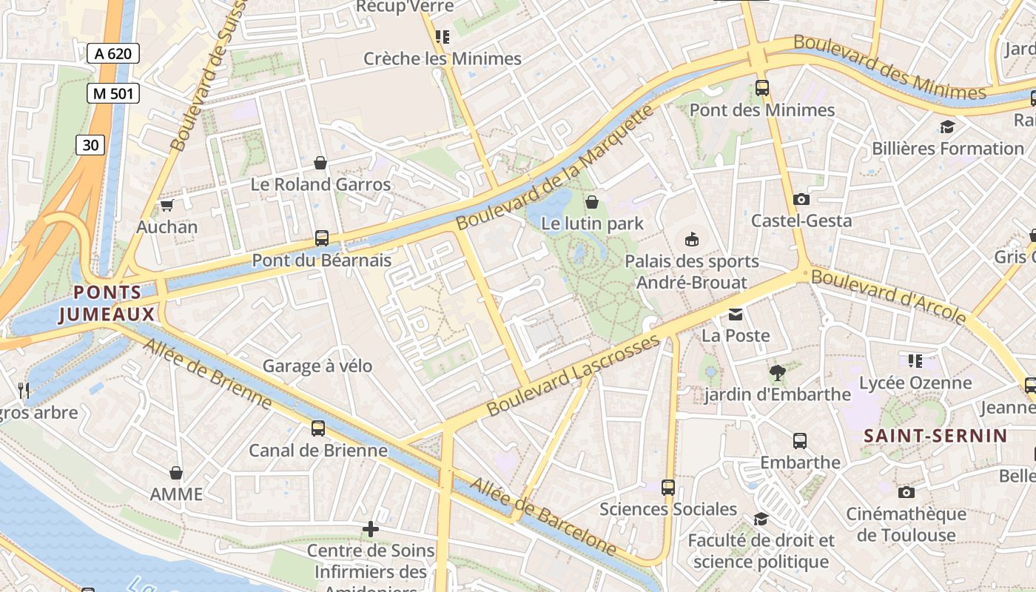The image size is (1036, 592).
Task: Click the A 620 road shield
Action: (112, 53)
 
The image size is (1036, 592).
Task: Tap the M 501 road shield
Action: (112, 93)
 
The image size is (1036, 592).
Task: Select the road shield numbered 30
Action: (90, 145)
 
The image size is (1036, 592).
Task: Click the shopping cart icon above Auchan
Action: (166, 206)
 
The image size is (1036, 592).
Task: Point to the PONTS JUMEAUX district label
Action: (107, 303)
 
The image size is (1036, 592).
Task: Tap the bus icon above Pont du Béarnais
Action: (321, 238)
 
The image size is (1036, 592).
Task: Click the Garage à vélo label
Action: (317, 366)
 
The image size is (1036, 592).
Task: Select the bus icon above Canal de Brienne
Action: (317, 428)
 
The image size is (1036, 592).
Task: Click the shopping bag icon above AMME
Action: (176, 472)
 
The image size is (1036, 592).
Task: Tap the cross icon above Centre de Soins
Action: (371, 529)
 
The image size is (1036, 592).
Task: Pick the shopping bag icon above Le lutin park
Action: (592, 201)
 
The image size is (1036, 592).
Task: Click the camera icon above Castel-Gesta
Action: (801, 199)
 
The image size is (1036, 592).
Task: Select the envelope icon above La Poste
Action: (735, 314)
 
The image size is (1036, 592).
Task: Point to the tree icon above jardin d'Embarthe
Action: (777, 372)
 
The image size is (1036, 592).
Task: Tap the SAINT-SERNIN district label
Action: (936, 436)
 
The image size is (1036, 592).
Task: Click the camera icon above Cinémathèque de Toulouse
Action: (906, 492)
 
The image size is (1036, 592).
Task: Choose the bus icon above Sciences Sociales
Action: (667, 487)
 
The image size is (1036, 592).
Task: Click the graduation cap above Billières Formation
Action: (947, 127)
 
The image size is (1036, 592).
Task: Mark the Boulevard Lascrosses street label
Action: (573, 375)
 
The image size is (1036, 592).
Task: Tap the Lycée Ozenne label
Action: (915, 383)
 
